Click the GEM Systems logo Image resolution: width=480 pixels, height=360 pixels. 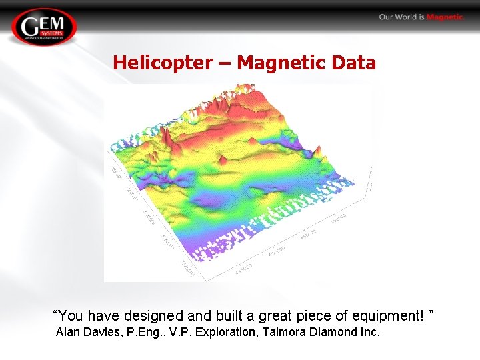point(44,27)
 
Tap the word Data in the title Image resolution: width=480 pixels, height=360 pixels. point(355,63)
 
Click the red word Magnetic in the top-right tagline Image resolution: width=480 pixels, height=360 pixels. point(445,17)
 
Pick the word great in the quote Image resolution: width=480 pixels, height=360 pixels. point(287,315)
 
